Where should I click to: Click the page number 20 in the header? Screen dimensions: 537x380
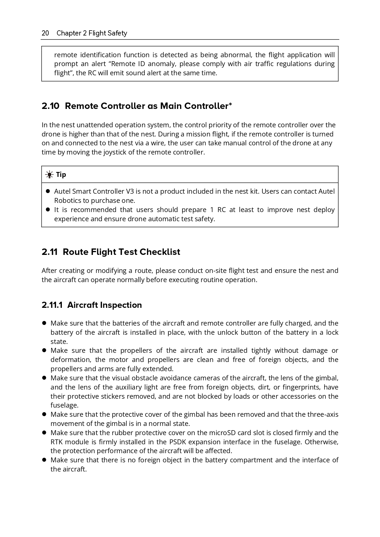(45, 33)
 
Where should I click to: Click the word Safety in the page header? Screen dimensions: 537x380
(117, 33)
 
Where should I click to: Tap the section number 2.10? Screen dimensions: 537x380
(51, 106)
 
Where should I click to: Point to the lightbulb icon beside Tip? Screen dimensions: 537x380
(49, 175)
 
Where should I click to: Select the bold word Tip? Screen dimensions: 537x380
(61, 175)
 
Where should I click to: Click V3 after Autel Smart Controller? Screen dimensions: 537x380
(130, 192)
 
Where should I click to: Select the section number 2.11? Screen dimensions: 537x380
(50, 252)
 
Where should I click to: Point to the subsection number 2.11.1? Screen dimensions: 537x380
(52, 305)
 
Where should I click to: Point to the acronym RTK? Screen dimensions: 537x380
(57, 442)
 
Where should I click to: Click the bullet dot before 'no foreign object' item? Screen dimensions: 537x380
(44, 460)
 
